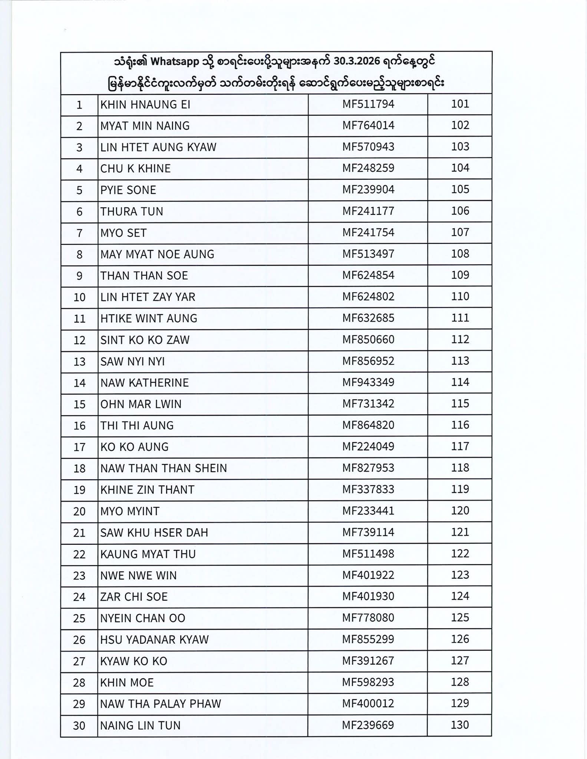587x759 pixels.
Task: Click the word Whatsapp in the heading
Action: pyautogui.click(x=175, y=62)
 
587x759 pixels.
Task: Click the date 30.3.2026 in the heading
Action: pyautogui.click(x=358, y=62)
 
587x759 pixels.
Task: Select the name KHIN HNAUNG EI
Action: pyautogui.click(x=145, y=105)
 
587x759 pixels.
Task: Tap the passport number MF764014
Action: pyautogui.click(x=368, y=126)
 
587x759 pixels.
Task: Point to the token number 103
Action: pyautogui.click(x=460, y=147)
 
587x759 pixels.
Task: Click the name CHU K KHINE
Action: pyautogui.click(x=135, y=169)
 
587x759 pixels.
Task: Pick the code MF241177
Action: pyautogui.click(x=368, y=211)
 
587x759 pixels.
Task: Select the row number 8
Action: pyautogui.click(x=79, y=255)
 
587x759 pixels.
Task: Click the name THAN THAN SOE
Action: pyautogui.click(x=144, y=276)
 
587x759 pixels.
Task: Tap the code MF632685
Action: pyautogui.click(x=368, y=318)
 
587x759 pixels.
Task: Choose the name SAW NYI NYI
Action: pyautogui.click(x=132, y=361)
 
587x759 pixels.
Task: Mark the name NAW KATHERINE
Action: pyautogui.click(x=144, y=383)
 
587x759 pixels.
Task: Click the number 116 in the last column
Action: pyautogui.click(x=460, y=425)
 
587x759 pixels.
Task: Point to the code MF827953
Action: pyautogui.click(x=368, y=468)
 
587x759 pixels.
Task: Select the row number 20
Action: pyautogui.click(x=79, y=511)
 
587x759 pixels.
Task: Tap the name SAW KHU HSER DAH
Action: pyautogui.click(x=154, y=533)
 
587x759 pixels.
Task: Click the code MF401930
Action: pyautogui.click(x=368, y=597)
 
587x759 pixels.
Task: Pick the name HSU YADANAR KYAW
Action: pyautogui.click(x=154, y=640)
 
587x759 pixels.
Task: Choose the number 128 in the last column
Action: pyautogui.click(x=460, y=682)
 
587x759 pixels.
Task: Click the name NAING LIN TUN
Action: pyautogui.click(x=140, y=725)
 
